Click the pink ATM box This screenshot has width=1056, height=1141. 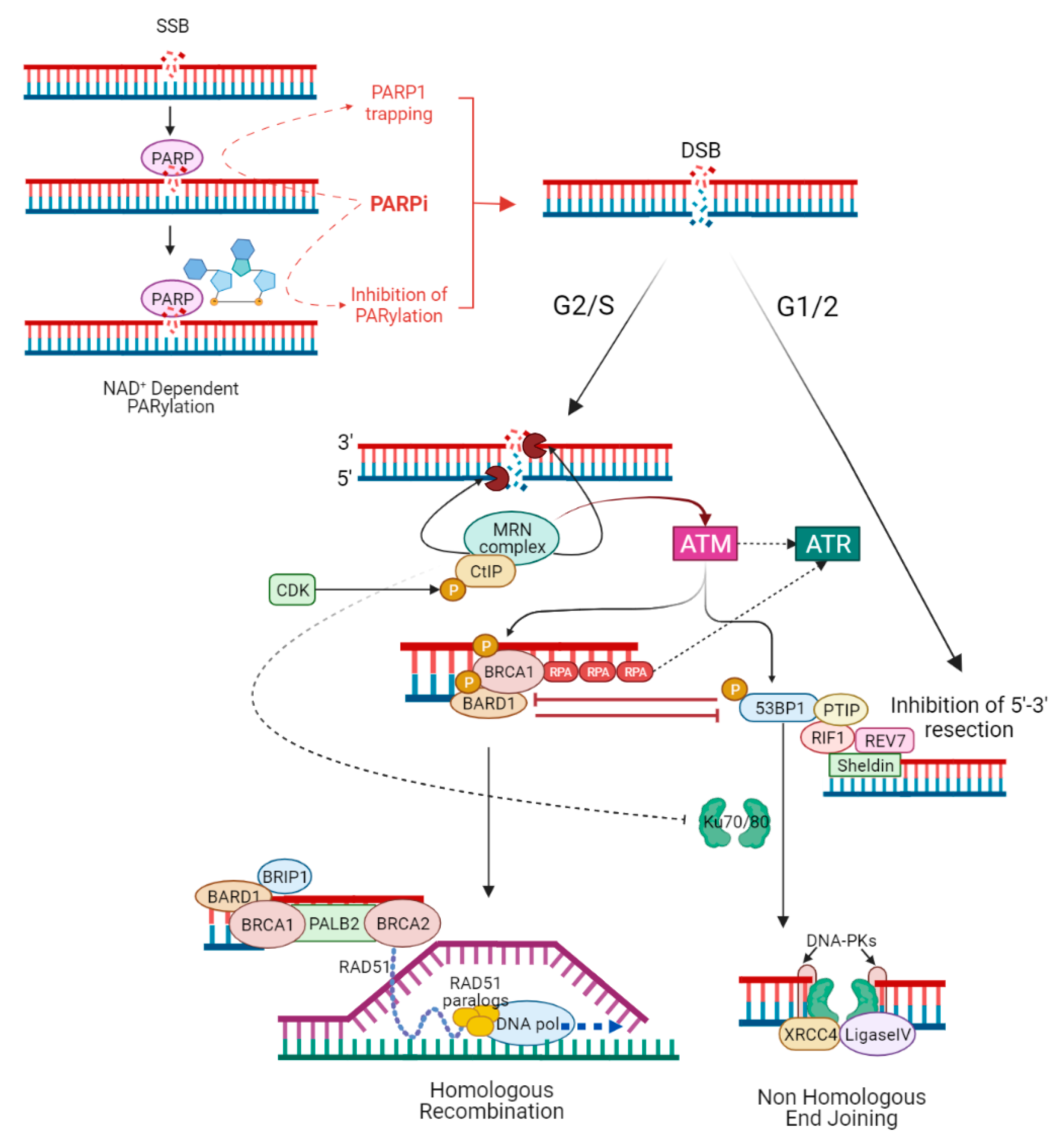(705, 543)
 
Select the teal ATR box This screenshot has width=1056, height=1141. (827, 543)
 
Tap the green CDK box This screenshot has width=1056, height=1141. (292, 590)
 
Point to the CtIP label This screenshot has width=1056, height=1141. (486, 571)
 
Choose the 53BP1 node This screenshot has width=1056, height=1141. (779, 708)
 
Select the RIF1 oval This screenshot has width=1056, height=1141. (827, 737)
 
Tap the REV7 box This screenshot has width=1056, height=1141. (884, 741)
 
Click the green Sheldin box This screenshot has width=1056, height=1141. (865, 765)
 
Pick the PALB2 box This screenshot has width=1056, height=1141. (334, 923)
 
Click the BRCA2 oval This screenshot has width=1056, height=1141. (403, 923)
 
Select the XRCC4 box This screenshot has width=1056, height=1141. (810, 1034)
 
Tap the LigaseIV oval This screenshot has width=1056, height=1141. (878, 1034)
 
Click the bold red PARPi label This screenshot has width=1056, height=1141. (399, 204)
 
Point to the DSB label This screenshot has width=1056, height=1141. (700, 150)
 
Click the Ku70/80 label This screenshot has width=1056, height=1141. (736, 822)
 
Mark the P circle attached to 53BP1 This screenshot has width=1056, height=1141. (735, 689)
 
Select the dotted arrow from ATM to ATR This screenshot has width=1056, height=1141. (766, 543)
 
